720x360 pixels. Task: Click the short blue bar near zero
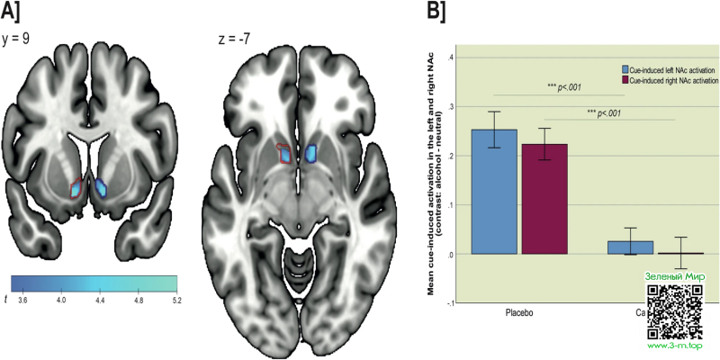(630, 247)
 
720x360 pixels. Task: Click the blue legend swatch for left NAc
(625, 69)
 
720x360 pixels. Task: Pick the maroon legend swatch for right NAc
(625, 81)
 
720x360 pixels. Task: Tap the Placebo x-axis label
(519, 310)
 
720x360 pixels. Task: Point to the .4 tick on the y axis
(450, 58)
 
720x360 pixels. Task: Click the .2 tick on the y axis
(450, 156)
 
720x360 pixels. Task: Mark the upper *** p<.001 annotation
(565, 88)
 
